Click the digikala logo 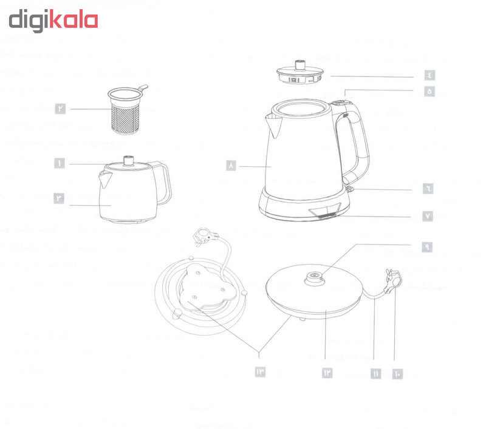pos(53,20)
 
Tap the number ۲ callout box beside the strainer pos(61,109)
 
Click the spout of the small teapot pos(103,178)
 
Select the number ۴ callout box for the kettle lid pos(429,76)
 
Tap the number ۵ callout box pos(429,91)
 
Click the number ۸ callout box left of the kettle pos(231,165)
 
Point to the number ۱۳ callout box pos(261,372)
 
